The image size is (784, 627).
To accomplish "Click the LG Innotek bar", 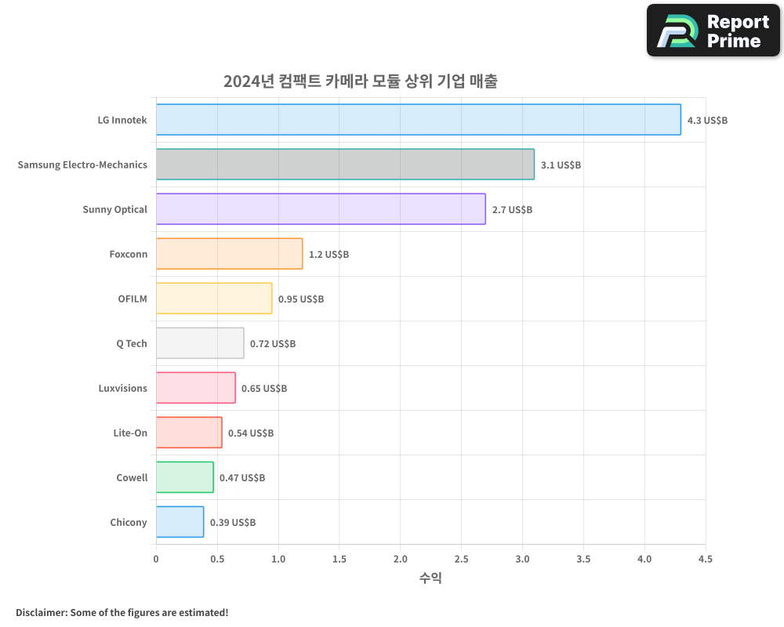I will (418, 120).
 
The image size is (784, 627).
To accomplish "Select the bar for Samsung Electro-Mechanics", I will (345, 165).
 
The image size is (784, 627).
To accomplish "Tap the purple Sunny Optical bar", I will (321, 209).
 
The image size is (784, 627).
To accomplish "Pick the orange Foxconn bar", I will (229, 254).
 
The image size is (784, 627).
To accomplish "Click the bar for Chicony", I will (180, 522).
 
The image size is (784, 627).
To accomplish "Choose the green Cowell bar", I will (184, 477).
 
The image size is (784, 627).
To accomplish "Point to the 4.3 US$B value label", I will (707, 121).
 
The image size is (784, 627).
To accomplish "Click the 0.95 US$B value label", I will (301, 299).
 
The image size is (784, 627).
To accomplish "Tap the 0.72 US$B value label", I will (273, 344).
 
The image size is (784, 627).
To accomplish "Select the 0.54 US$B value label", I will (251, 433).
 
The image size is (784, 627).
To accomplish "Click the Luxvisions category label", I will (122, 389).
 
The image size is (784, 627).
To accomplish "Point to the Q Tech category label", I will (131, 344).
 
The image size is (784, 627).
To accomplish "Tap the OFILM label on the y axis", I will (132, 299).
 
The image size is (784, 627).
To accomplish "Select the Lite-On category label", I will (130, 433).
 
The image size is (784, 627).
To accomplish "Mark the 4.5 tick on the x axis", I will (705, 560).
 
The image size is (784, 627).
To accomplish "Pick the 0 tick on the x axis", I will (156, 560).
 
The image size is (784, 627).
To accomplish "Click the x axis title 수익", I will (430, 578).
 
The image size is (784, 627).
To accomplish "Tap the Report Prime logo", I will (713, 31).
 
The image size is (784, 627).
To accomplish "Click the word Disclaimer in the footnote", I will (40, 613).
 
